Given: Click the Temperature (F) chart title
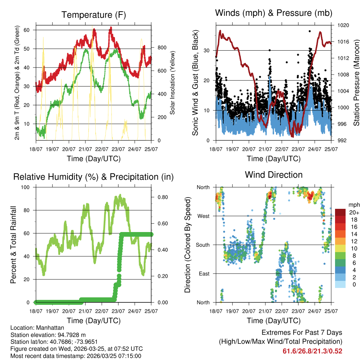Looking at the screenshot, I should (x=94, y=15).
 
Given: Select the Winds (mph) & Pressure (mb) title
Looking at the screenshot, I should (x=274, y=13).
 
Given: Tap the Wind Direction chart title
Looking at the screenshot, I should (x=274, y=175).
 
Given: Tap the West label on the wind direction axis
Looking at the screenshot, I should (x=204, y=216).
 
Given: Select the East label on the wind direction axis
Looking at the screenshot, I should (x=204, y=274).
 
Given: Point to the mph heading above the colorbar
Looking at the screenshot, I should (x=353, y=205).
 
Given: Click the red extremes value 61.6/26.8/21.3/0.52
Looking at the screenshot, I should (x=313, y=351).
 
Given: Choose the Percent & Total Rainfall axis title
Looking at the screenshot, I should (x=13, y=245).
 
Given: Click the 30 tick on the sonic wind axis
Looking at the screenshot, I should (x=207, y=51).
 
